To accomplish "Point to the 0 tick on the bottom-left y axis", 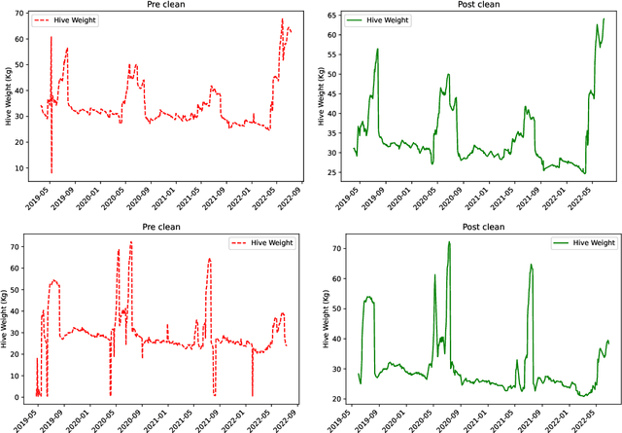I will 19,397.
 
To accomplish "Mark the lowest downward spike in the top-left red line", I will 52,172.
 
